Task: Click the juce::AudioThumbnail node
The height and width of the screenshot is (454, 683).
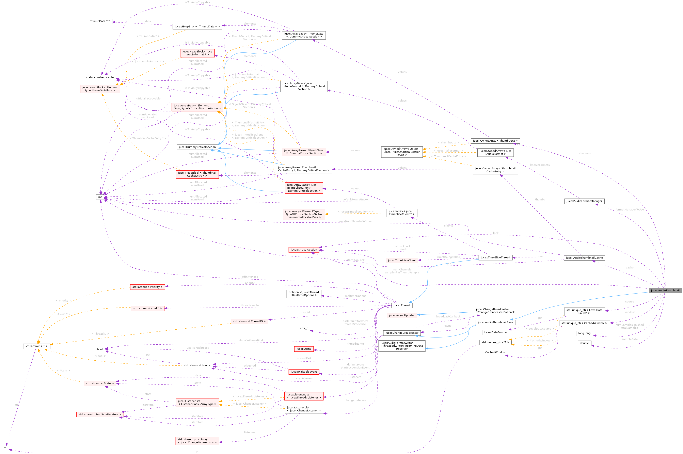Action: click(665, 290)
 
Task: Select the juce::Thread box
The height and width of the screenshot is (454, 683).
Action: click(402, 305)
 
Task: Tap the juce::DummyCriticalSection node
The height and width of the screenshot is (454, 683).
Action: click(197, 147)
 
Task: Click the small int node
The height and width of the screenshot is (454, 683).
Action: click(100, 197)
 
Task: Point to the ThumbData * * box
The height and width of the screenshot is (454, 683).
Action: click(100, 21)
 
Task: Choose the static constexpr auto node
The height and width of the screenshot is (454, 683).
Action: click(100, 77)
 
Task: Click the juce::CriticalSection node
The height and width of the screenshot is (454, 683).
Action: click(304, 250)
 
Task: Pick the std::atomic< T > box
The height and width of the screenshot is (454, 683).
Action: click(36, 346)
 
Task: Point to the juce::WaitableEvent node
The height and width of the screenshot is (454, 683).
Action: click(304, 372)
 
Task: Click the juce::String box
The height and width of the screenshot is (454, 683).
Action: click(304, 349)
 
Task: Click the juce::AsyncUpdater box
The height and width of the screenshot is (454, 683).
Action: click(402, 315)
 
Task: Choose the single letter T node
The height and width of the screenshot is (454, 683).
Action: click(5, 449)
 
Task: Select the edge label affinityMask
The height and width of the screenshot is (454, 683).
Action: click(250, 277)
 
